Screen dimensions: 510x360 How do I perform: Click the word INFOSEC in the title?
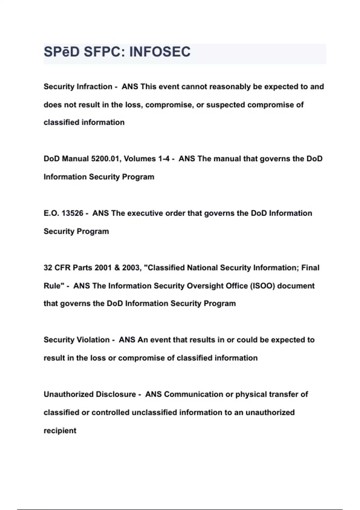point(160,52)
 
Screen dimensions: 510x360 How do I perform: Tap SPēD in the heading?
point(61,52)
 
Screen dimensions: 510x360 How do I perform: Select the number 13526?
point(72,213)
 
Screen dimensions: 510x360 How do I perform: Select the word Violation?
point(94,340)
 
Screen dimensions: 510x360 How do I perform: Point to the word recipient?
point(60,431)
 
